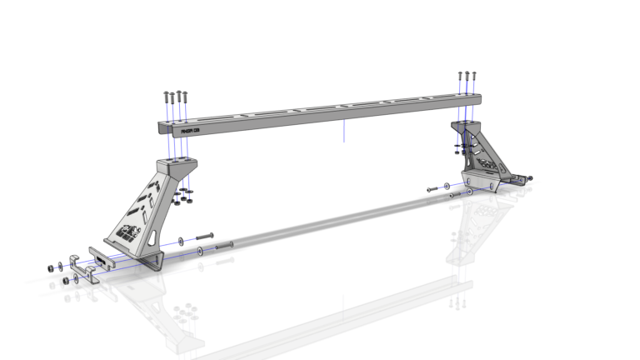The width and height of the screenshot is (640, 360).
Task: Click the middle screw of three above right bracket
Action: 467,77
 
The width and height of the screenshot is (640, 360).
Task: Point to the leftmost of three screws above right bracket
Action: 459,77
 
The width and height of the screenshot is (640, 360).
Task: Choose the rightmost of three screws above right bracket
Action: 474,76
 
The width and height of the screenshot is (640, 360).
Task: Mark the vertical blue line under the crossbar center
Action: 343,129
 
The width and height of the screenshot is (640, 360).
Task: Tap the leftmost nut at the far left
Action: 51,267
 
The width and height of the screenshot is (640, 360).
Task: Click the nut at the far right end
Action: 530,177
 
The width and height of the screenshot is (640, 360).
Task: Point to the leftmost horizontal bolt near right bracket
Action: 432,190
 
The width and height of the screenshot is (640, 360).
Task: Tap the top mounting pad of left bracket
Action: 177,163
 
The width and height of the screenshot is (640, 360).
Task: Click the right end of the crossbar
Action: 478,101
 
